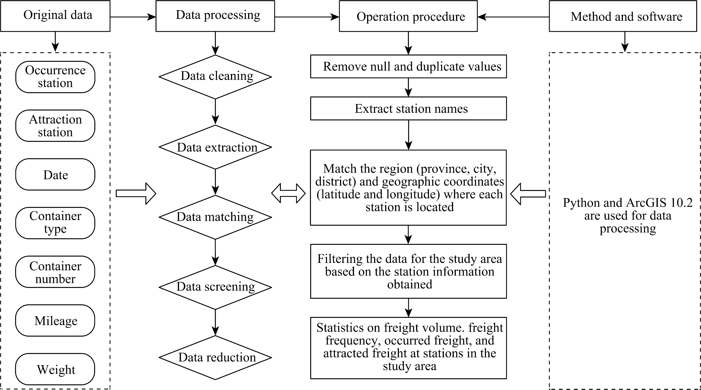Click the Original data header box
click(55, 16)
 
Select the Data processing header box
click(215, 16)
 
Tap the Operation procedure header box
click(408, 16)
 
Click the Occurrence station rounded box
click(55, 77)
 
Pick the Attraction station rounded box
click(55, 126)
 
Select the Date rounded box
click(55, 174)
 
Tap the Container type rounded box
click(55, 223)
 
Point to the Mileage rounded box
click(55, 320)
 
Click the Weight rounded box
click(55, 369)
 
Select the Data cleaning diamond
click(215, 77)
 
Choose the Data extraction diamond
click(215, 147)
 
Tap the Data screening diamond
click(215, 287)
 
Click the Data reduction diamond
click(215, 358)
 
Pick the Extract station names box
click(408, 108)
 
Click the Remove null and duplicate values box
click(408, 67)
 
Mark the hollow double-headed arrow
click(289, 193)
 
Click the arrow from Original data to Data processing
click(133, 17)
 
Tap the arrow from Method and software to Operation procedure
click(513, 17)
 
